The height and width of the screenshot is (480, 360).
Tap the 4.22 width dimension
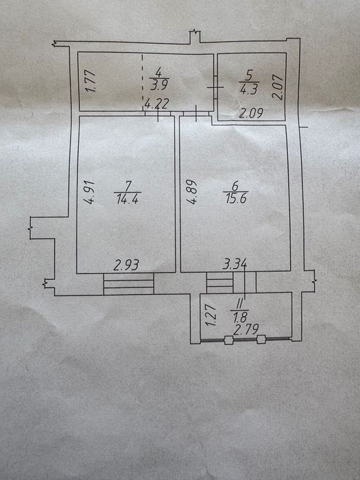[x=156, y=104]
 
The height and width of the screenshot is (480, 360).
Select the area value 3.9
[x=159, y=85]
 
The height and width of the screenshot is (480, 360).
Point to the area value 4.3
[x=248, y=89]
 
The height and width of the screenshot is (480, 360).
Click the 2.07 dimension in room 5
[x=278, y=87]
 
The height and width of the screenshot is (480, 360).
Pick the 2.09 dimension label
[x=251, y=114]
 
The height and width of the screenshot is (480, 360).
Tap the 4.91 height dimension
[x=91, y=192]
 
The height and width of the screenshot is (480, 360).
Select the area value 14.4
[x=128, y=200]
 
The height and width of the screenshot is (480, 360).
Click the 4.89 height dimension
[x=193, y=192]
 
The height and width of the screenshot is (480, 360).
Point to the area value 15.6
[x=236, y=199]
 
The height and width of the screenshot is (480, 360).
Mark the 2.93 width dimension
[x=126, y=265]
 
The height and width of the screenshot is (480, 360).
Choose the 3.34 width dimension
[x=235, y=264]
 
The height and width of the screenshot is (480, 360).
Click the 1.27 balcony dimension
[x=211, y=315]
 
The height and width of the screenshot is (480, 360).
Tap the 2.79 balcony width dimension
[x=245, y=330]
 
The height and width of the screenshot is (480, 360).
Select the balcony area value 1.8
[x=240, y=317]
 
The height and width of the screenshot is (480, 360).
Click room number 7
[x=128, y=186]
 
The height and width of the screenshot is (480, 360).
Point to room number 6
[x=235, y=186]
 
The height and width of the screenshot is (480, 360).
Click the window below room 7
[x=129, y=284]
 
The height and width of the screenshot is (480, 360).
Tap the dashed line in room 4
[x=143, y=82]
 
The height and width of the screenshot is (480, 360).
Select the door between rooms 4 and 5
[x=215, y=87]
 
